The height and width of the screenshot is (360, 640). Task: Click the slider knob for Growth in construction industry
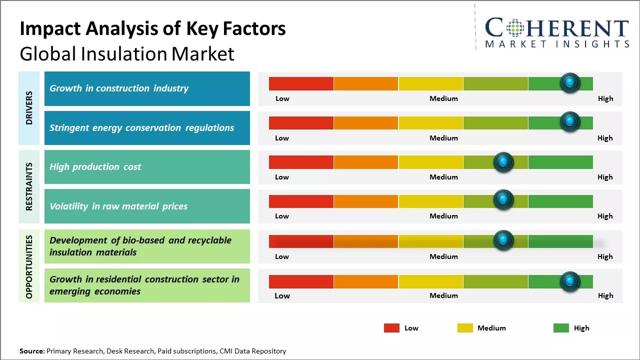[569, 83]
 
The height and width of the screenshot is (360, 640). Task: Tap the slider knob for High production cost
[503, 162]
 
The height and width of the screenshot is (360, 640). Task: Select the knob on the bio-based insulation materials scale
[503, 240]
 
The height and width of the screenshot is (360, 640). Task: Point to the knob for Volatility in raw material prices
[503, 200]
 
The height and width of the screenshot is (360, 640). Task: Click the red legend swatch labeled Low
[391, 328]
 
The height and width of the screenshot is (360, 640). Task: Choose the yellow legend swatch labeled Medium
[465, 328]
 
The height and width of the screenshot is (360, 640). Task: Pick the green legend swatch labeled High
[561, 328]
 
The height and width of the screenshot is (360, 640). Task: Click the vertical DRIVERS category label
[29, 108]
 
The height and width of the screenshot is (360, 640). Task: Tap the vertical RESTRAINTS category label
[29, 186]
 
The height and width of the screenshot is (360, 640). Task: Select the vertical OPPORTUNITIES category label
[29, 266]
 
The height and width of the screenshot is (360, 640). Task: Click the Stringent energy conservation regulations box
[147, 128]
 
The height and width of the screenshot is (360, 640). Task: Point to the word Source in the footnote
[32, 351]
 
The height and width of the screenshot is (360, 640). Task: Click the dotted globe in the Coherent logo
[515, 28]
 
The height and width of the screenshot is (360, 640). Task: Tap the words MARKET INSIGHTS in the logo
[557, 44]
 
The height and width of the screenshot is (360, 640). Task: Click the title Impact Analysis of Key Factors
[152, 28]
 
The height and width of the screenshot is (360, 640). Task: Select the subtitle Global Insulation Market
[127, 53]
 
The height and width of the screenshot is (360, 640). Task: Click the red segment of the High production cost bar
[301, 162]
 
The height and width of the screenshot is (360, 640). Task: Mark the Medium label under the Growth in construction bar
[443, 98]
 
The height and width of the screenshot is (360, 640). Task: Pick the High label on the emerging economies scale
[605, 295]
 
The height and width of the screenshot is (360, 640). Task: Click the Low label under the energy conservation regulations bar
[282, 138]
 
